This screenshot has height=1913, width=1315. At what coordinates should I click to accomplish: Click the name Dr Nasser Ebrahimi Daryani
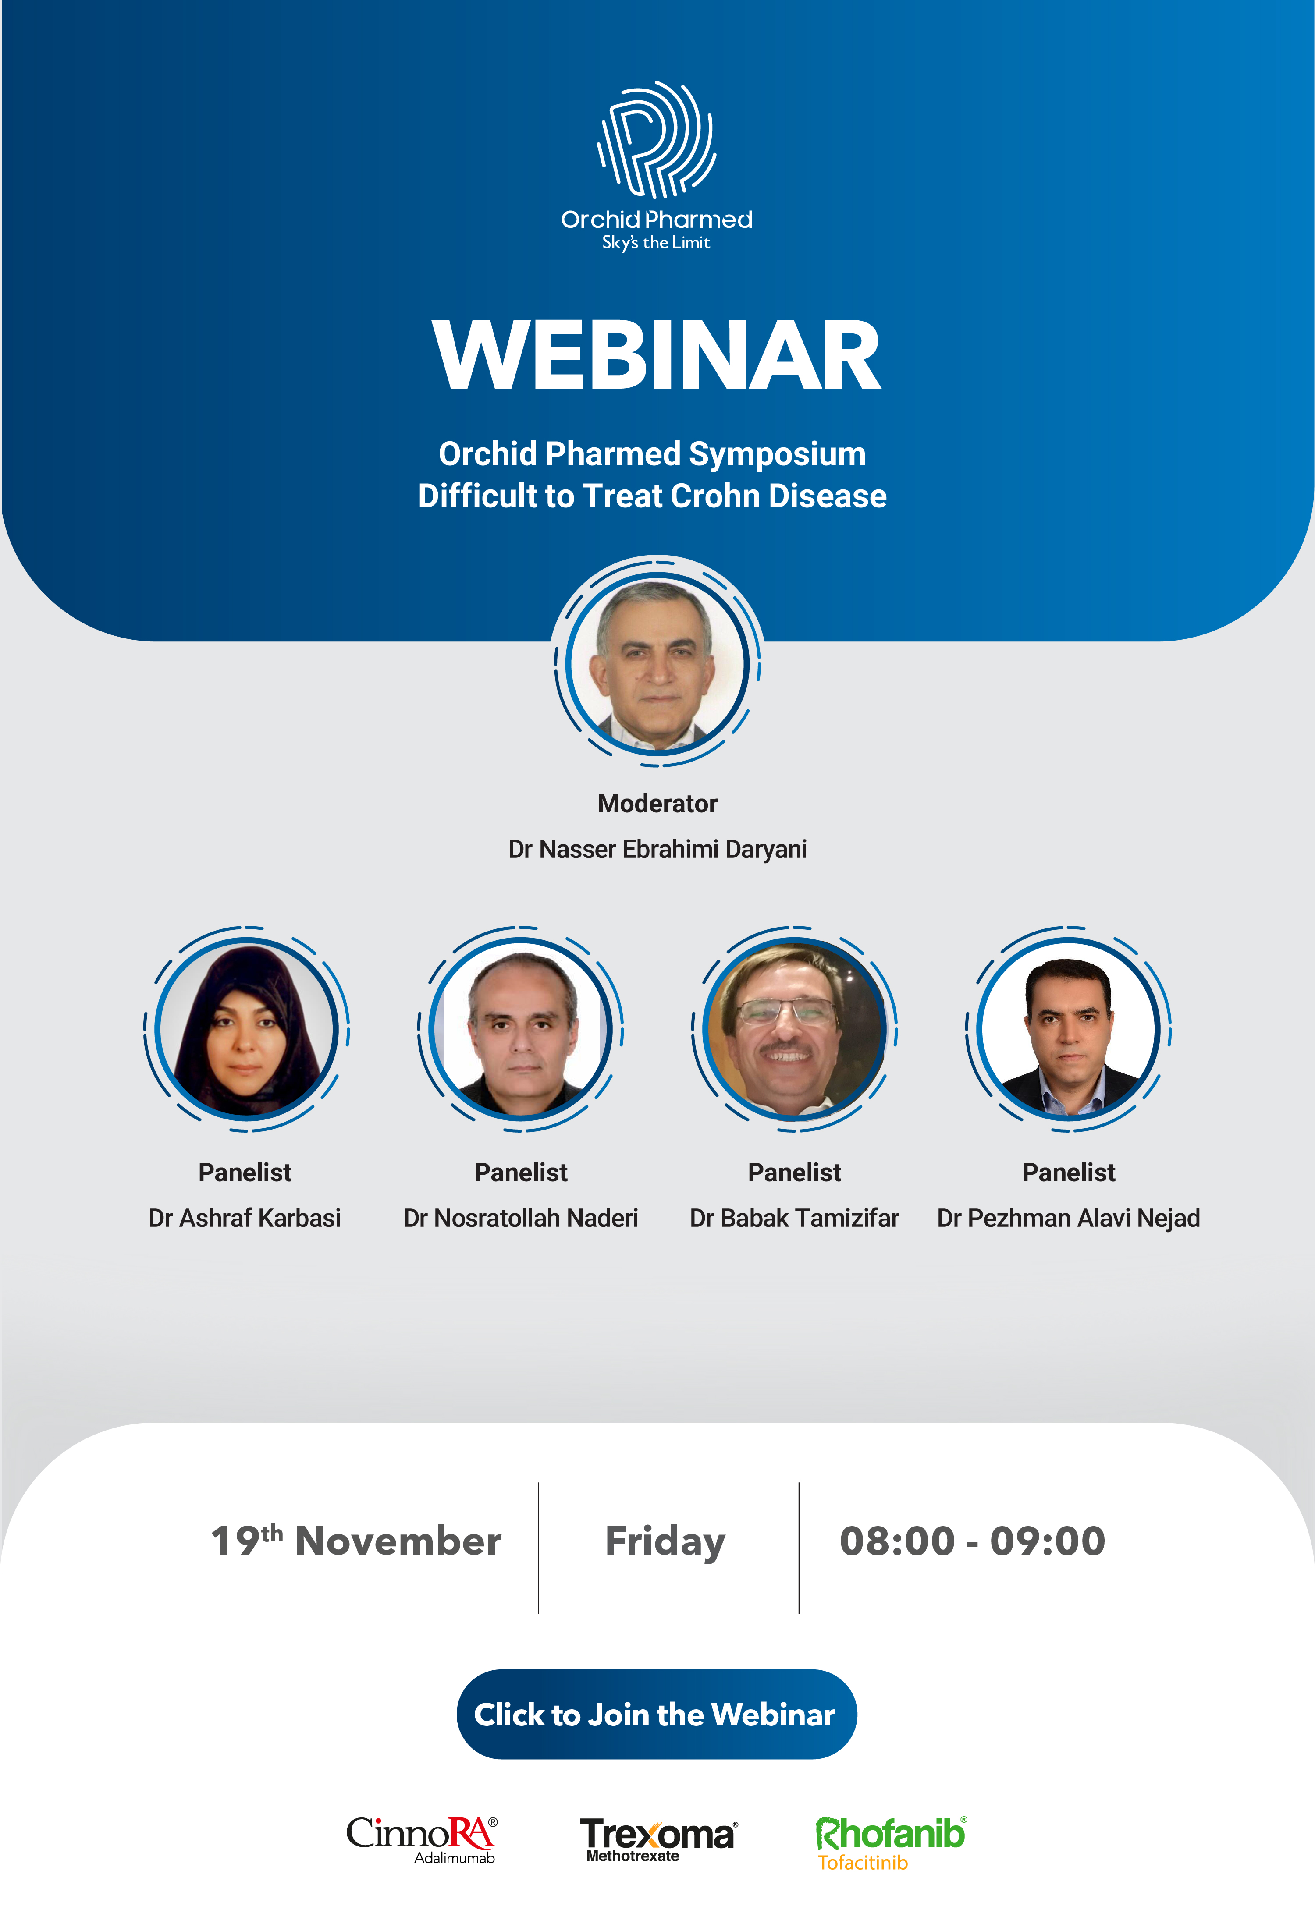657,849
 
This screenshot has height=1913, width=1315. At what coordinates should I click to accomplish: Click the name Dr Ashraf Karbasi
245,1218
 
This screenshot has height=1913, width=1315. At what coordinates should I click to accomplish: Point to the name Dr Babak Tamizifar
794,1218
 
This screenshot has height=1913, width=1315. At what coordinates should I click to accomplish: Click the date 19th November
356,1540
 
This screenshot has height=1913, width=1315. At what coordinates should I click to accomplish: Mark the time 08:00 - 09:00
972,1541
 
